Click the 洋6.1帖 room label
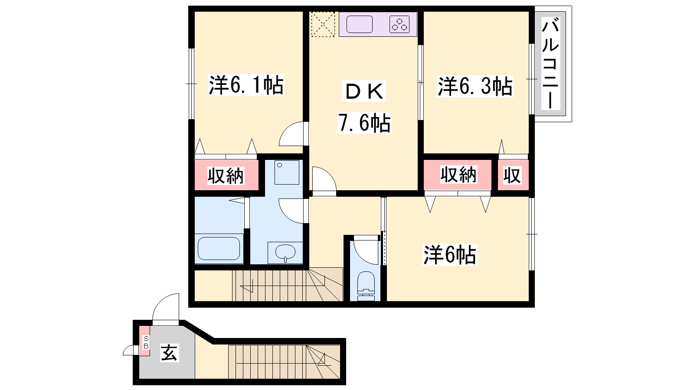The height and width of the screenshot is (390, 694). pos(246,85)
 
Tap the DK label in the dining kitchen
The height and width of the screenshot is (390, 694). pos(364,91)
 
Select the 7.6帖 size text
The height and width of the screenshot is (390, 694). pos(364,123)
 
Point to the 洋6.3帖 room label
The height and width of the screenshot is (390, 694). pos(475,86)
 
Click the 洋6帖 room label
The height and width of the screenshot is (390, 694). pos(450,255)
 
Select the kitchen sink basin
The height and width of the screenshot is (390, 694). pos(360,24)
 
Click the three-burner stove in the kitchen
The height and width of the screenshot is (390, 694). pos(399,24)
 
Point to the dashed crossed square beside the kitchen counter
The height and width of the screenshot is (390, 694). pos(323,24)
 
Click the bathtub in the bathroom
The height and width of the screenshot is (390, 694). pos(219,249)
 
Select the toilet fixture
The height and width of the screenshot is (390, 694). pos(366,286)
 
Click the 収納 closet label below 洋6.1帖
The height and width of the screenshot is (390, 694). pos(226,176)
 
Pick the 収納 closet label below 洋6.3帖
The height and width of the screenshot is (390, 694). pos(458,175)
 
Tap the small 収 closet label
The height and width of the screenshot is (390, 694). pos(512,175)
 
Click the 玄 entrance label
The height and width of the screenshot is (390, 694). pos(169,353)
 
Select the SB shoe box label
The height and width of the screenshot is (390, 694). pos(146,342)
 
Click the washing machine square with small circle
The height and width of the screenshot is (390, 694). pos(287,172)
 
